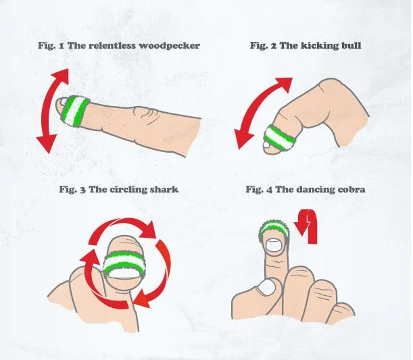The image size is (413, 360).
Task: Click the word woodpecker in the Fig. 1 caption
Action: [x=169, y=46]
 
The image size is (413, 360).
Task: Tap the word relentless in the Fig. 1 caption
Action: [x=112, y=45]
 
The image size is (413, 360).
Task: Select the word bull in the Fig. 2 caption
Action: [x=351, y=45]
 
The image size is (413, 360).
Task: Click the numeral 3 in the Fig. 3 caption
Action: [x=82, y=190]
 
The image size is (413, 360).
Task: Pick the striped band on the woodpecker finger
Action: [x=75, y=111]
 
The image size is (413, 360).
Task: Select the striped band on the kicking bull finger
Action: [x=280, y=138]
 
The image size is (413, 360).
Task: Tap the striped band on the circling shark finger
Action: [x=124, y=263]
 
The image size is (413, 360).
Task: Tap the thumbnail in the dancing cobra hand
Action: [x=266, y=286]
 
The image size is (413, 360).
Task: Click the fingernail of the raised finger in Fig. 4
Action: [x=274, y=246]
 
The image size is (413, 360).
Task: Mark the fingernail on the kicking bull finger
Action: [x=266, y=145]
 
